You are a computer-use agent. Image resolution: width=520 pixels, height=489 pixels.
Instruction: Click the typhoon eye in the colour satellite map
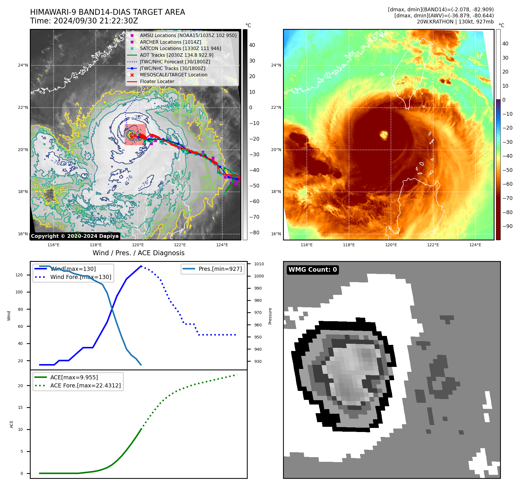(384, 135)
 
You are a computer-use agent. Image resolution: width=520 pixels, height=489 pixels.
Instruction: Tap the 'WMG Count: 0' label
(313, 270)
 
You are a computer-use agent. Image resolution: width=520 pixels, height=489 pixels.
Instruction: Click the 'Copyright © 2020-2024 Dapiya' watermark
(75, 236)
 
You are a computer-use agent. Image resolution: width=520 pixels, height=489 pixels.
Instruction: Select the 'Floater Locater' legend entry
(157, 82)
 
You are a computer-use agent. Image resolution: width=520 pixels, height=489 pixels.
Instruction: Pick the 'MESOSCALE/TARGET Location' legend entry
(173, 75)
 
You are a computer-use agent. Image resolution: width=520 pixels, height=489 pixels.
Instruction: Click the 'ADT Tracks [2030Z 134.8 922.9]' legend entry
(177, 55)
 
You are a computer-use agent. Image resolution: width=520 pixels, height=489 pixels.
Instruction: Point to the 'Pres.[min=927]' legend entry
(220, 269)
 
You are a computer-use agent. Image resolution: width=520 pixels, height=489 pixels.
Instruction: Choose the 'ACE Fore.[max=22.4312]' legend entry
(85, 385)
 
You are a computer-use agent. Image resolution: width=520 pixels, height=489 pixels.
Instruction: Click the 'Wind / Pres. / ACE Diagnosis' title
(138, 253)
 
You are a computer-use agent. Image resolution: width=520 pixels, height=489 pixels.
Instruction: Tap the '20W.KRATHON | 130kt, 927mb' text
(455, 22)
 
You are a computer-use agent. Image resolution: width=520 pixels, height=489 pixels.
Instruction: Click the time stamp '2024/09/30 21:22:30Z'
(96, 21)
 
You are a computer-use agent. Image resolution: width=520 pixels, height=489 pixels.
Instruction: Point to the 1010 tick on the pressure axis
(259, 264)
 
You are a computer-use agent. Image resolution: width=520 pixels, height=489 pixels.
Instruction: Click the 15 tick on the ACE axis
(20, 407)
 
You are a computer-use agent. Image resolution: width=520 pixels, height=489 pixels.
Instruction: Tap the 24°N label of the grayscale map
(23, 65)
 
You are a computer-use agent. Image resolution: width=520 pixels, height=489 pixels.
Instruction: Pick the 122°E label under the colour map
(433, 245)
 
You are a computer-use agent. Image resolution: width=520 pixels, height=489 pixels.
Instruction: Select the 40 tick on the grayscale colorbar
(252, 45)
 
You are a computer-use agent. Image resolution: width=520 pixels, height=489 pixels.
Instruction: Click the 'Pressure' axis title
(270, 316)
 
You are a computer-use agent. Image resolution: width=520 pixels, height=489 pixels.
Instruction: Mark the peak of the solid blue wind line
(141, 266)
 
